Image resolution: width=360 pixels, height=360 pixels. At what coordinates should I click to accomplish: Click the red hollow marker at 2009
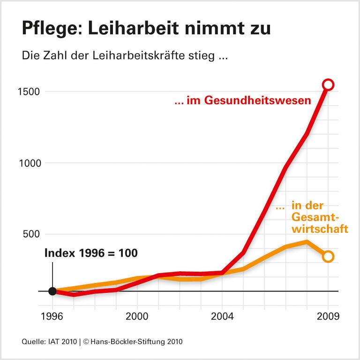click(x=328, y=85)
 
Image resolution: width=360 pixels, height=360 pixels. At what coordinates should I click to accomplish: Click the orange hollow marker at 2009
click(x=328, y=256)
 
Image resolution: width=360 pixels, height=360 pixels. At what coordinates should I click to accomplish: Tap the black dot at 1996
click(x=52, y=291)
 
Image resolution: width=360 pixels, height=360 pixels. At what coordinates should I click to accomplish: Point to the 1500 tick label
click(x=30, y=92)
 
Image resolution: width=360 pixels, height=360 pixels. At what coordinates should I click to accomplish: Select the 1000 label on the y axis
click(x=30, y=163)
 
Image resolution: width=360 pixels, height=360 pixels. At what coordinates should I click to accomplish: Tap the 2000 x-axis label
click(x=137, y=315)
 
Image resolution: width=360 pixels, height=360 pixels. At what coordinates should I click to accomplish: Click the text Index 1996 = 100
click(x=91, y=253)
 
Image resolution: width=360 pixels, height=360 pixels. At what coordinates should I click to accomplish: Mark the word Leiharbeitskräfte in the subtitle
click(x=137, y=56)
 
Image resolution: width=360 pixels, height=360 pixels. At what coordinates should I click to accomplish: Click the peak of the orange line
click(x=307, y=242)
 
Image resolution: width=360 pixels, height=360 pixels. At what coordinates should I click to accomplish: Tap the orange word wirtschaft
click(x=320, y=229)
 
